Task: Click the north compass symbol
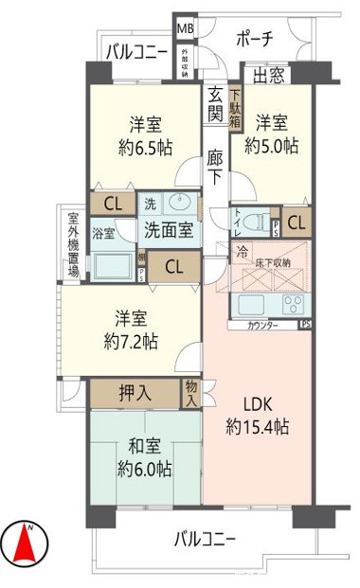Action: coord(30,542)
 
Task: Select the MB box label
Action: coord(185,29)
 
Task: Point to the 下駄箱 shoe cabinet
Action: coord(235,104)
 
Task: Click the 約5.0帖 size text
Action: coord(272,145)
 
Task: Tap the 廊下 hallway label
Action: coord(215,166)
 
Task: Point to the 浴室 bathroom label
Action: coord(103,232)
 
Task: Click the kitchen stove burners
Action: coord(293,305)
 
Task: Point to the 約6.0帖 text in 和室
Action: coord(144,467)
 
